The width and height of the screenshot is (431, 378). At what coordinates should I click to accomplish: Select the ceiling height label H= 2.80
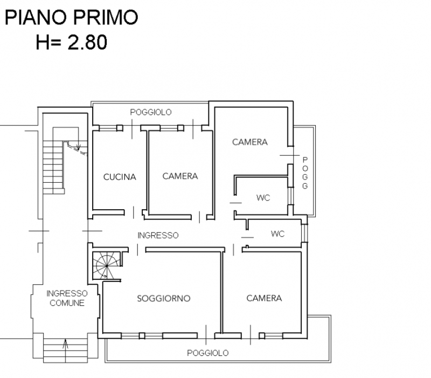coord(71,42)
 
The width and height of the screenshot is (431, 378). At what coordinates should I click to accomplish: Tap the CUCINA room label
coord(120,176)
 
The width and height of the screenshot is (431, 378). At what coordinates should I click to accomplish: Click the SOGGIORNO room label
coord(164,298)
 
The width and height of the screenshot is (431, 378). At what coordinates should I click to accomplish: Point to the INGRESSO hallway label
coord(158,236)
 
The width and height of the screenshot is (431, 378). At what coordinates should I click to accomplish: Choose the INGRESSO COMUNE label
coord(67,298)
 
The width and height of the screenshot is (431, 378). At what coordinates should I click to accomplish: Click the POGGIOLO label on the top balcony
coord(151,112)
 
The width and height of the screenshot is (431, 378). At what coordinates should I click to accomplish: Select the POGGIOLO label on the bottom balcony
coord(207,353)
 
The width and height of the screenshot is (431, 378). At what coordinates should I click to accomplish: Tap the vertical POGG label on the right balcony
coord(305,173)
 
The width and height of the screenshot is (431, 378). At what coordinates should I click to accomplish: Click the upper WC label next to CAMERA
coord(263,198)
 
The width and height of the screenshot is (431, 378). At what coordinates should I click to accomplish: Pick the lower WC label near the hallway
coord(277,234)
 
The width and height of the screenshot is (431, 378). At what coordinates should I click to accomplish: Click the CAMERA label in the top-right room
coord(250,142)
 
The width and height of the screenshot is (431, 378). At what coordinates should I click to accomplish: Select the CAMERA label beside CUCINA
coord(180,176)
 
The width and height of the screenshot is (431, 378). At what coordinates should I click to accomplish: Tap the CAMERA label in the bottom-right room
coord(264,298)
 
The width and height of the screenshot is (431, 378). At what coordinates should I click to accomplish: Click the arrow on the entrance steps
coord(66,343)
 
